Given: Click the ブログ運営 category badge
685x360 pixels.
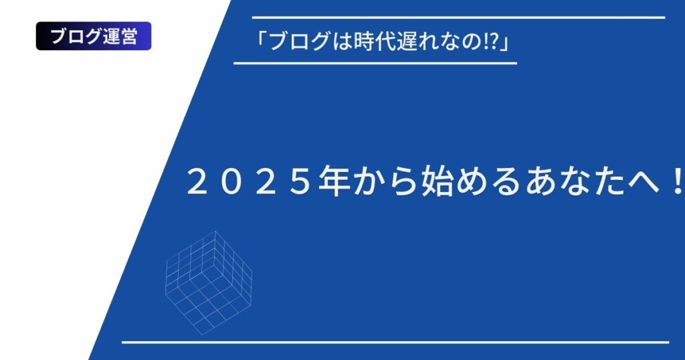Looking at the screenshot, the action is point(94,36).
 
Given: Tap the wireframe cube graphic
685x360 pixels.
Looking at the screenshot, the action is point(209,282).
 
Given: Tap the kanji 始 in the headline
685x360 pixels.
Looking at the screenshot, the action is point(437,181).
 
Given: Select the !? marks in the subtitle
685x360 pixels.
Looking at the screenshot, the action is point(492,41).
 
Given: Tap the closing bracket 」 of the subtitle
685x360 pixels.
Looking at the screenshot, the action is point(506,43).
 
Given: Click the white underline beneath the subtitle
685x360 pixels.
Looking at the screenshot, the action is point(375,64).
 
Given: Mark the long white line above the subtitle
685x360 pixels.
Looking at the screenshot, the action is point(459,17).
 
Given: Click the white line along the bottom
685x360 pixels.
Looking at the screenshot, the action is point(395,343).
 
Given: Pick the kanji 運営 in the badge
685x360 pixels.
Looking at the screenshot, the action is point(120,36).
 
